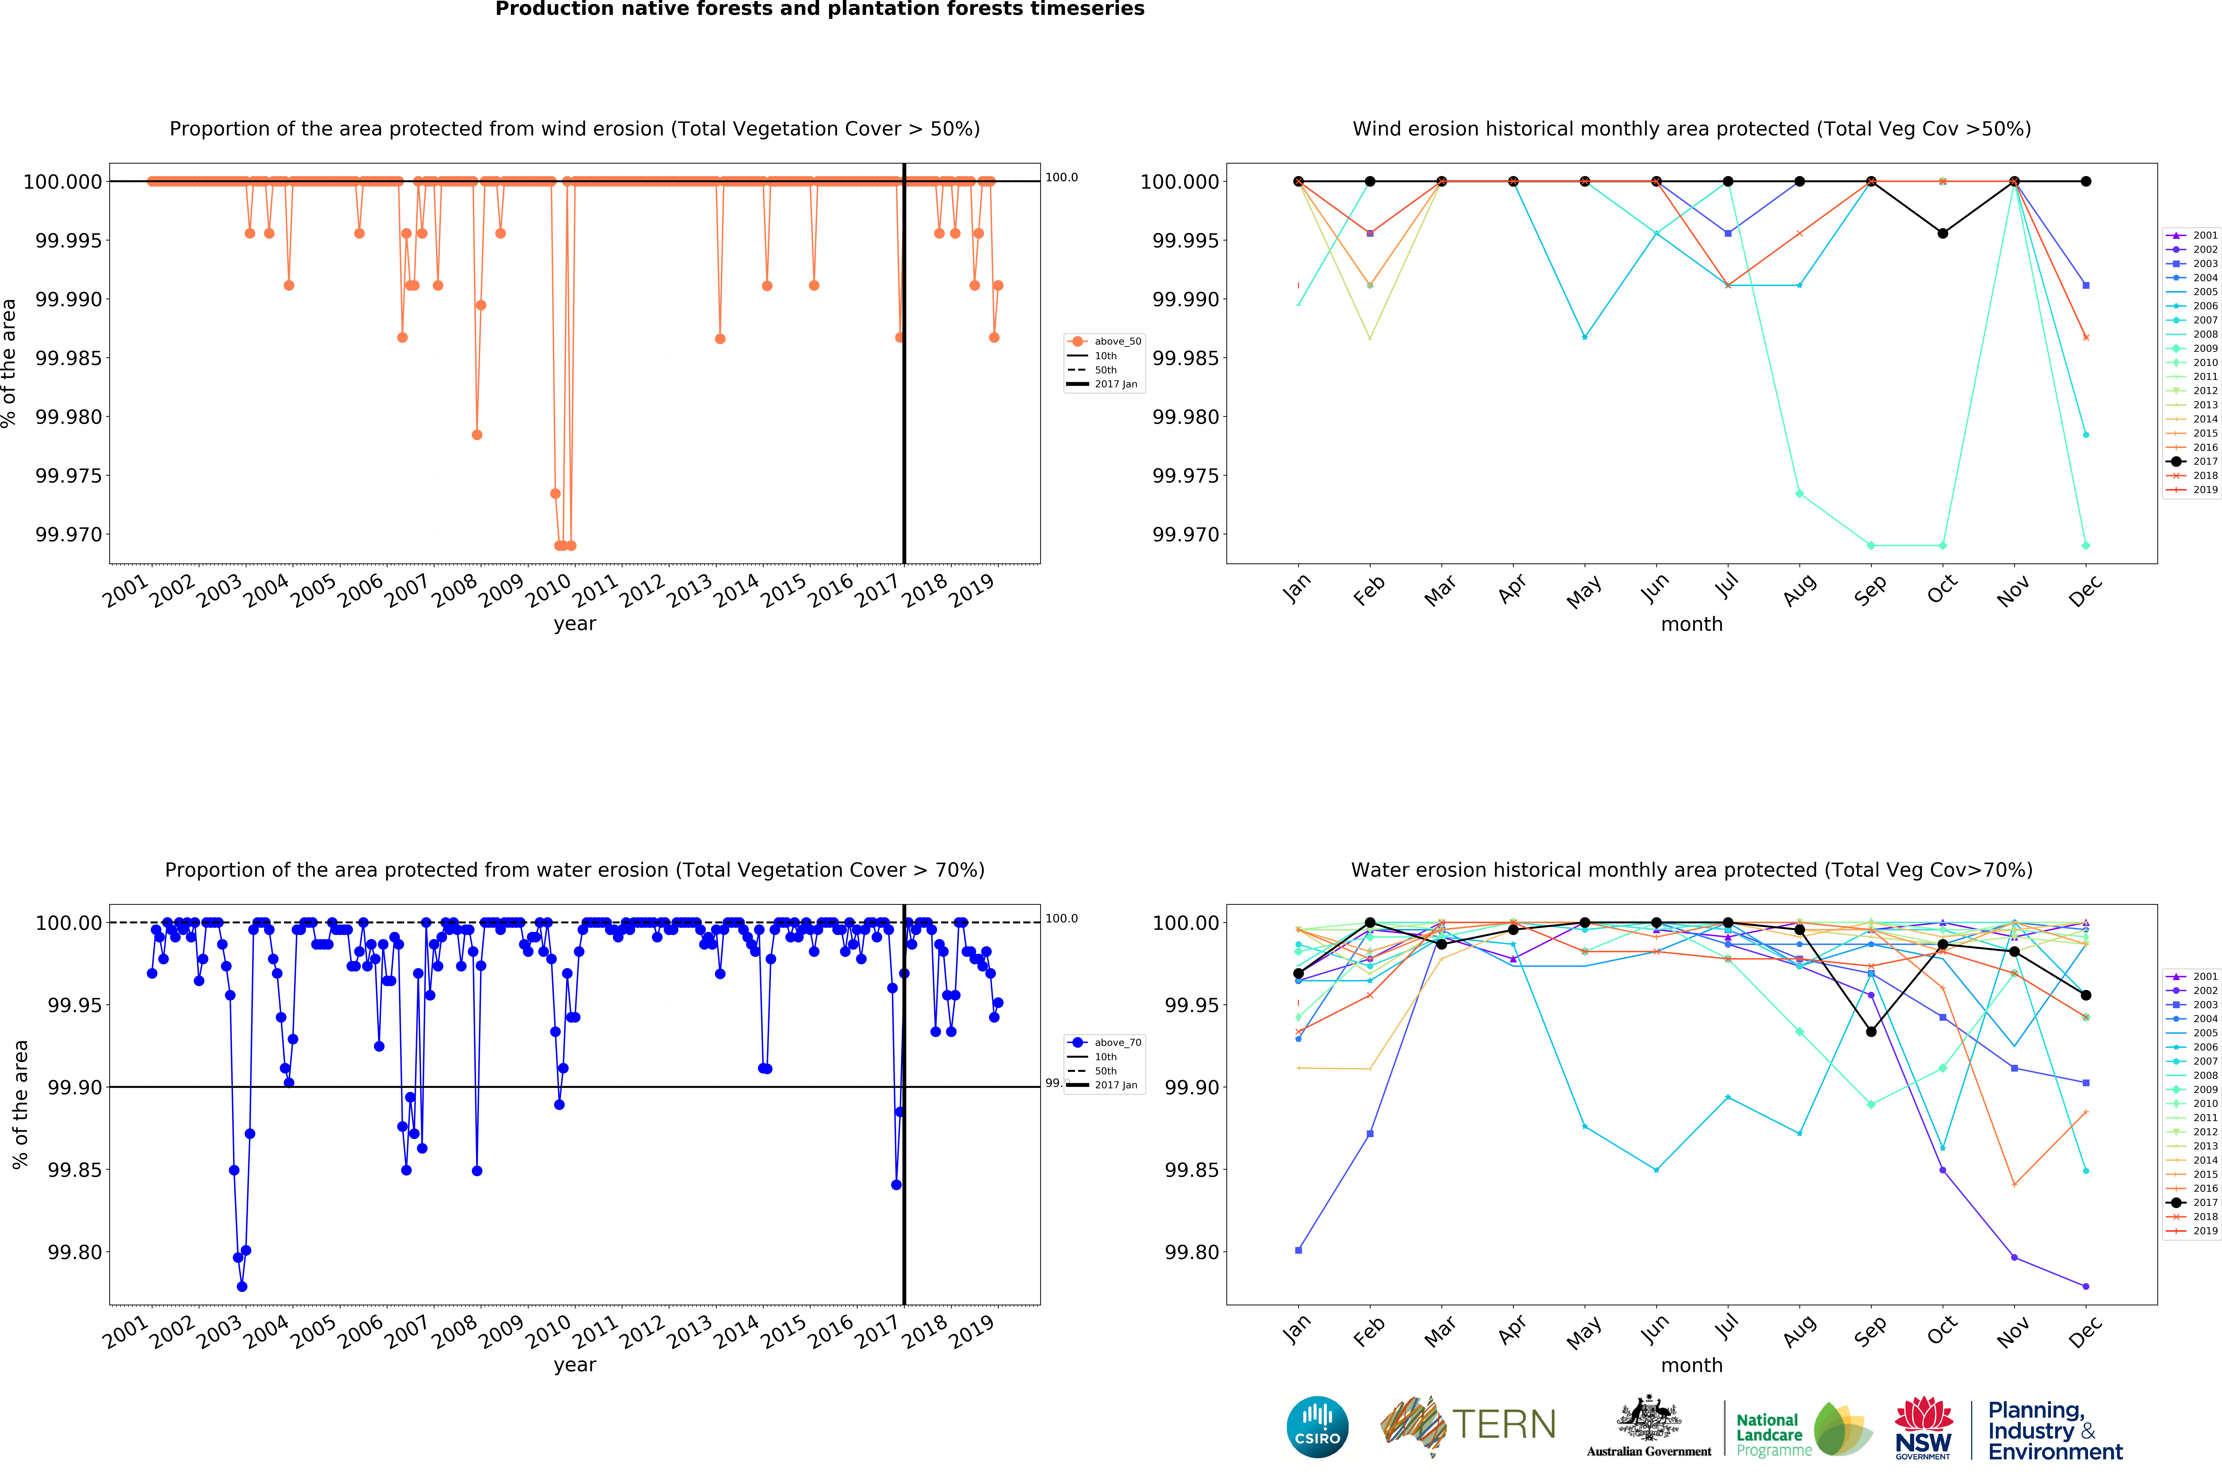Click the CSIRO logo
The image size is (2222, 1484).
coord(1317,1426)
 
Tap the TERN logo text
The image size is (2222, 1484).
coord(1503,1424)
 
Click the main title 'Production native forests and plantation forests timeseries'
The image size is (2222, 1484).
coord(820,10)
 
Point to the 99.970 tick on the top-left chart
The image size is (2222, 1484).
coord(68,535)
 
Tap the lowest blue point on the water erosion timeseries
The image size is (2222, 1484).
coord(242,1286)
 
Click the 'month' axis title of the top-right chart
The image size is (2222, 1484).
coord(1691,625)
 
